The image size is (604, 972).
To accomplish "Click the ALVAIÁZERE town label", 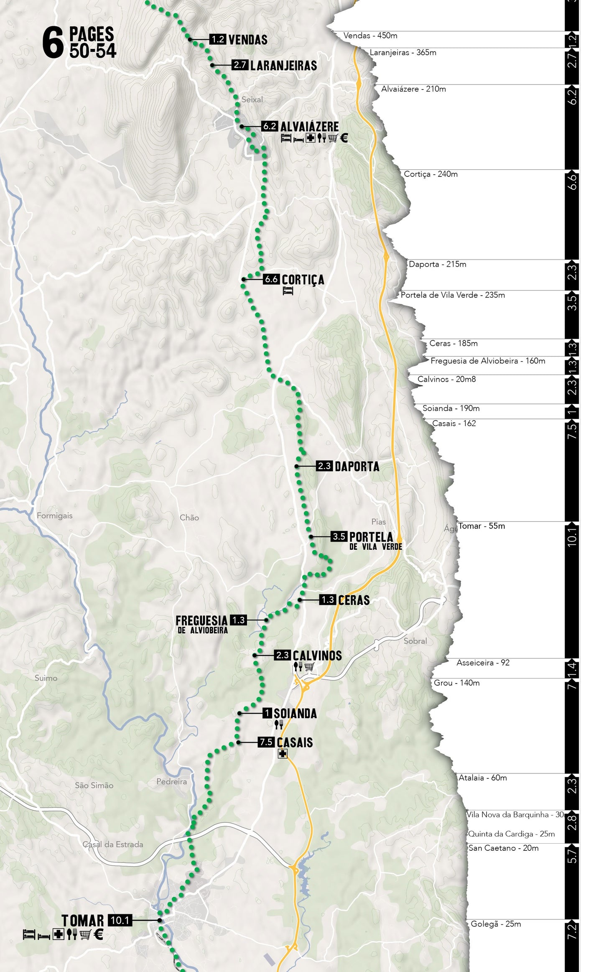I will pyautogui.click(x=309, y=126).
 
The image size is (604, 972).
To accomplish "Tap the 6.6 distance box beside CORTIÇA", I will pyautogui.click(x=271, y=279).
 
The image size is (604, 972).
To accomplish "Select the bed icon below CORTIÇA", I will pyautogui.click(x=288, y=291).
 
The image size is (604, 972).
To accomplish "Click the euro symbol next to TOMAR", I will pyautogui.click(x=98, y=934).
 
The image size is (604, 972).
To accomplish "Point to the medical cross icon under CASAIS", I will pyautogui.click(x=283, y=754).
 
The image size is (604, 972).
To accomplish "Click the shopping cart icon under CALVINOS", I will pyautogui.click(x=309, y=667).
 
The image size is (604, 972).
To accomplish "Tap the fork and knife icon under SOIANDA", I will pyautogui.click(x=279, y=725).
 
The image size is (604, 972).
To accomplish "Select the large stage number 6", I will pyautogui.click(x=53, y=43).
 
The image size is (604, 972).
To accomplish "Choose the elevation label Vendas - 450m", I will pyautogui.click(x=370, y=36).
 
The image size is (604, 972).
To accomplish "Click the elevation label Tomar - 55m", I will pyautogui.click(x=482, y=526).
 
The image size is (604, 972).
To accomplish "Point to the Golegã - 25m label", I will pyautogui.click(x=495, y=924).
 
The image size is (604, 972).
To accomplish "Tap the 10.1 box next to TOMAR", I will pyautogui.click(x=120, y=920).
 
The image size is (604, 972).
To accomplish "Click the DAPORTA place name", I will pyautogui.click(x=357, y=467).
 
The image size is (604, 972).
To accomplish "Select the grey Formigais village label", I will pyautogui.click(x=54, y=515).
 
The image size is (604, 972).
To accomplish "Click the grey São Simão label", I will pyautogui.click(x=94, y=785).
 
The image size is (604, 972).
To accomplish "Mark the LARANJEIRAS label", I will pyautogui.click(x=283, y=66).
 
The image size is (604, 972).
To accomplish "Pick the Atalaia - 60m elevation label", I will pyautogui.click(x=482, y=778).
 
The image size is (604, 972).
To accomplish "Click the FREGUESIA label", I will pyautogui.click(x=201, y=620).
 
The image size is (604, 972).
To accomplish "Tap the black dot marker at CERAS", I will pyautogui.click(x=300, y=600).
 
